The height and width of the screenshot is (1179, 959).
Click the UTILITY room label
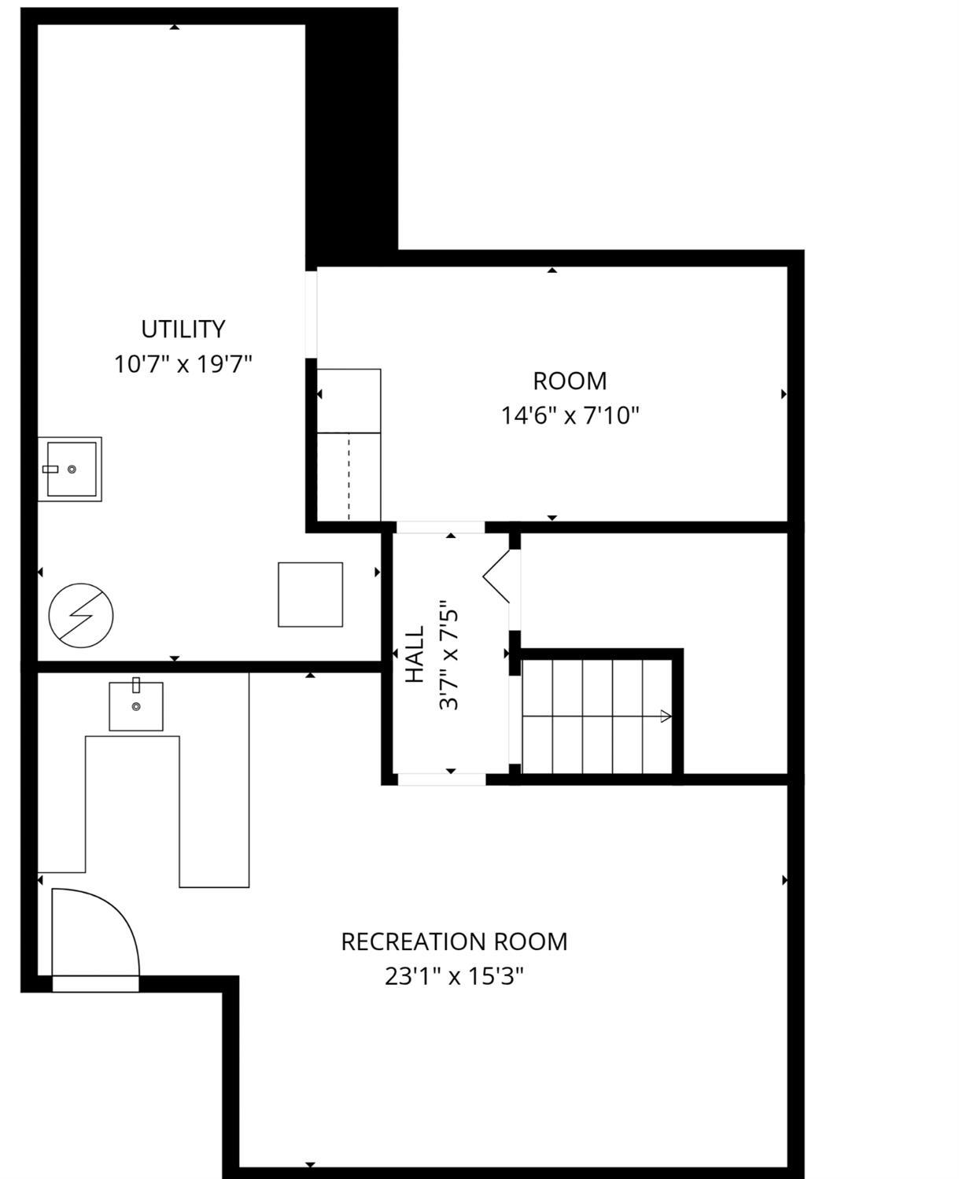tap(183, 330)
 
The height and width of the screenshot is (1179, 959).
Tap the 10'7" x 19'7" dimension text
tap(183, 364)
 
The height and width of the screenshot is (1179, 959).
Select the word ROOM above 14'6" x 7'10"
tap(570, 381)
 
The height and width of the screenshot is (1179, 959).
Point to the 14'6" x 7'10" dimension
tap(570, 415)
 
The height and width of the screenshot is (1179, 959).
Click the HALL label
tap(415, 654)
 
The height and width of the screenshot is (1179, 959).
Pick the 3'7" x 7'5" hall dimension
tap(449, 655)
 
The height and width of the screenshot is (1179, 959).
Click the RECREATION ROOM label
tap(454, 941)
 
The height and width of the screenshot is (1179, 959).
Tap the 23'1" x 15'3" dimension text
tap(454, 976)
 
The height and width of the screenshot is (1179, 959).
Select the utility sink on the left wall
tap(70, 469)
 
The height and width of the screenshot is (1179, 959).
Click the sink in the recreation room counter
tap(135, 706)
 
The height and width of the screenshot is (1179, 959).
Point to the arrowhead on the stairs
tap(666, 717)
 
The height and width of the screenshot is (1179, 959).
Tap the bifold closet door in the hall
tap(496, 576)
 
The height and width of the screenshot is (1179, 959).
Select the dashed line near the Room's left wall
tap(349, 477)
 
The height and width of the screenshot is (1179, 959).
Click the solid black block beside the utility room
tap(352, 138)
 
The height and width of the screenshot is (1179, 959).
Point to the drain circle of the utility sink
tap(72, 470)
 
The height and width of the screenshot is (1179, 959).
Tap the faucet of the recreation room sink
tap(136, 685)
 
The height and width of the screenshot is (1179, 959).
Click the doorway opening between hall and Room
tap(441, 527)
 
